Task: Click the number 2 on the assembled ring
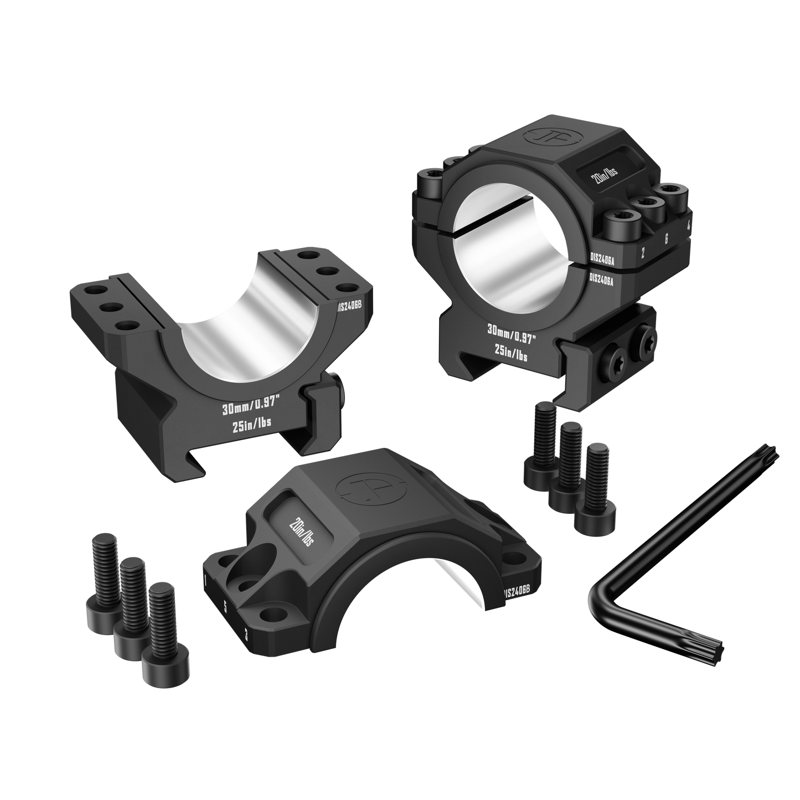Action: (642, 254)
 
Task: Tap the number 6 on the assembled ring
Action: (666, 239)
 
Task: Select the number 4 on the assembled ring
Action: (688, 225)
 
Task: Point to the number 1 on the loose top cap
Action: (206, 581)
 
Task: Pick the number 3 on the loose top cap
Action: (245, 634)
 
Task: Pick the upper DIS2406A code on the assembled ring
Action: (606, 257)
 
